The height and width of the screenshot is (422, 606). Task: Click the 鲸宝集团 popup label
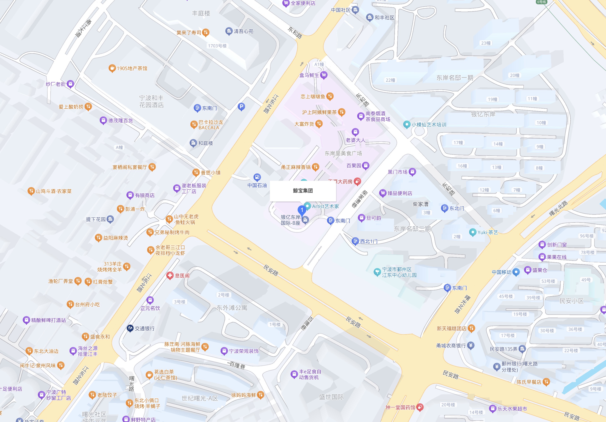[303, 191]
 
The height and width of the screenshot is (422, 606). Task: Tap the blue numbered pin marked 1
[302, 210]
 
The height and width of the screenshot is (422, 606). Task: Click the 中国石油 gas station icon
[257, 177]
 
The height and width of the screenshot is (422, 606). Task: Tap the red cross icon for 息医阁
[170, 276]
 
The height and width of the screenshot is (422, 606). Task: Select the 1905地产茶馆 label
[132, 68]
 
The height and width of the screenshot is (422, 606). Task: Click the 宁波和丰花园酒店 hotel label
[151, 102]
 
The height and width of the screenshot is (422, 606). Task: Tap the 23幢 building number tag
[486, 43]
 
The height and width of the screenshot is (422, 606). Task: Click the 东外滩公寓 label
[232, 308]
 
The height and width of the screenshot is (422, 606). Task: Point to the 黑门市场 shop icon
[412, 172]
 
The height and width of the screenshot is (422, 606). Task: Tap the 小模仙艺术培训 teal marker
[406, 124]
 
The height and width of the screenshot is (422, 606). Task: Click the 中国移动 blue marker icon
[516, 272]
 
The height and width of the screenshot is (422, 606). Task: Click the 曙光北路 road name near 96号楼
[558, 208]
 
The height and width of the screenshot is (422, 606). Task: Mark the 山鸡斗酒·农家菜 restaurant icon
[31, 191]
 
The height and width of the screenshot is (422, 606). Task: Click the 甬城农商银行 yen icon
[471, 345]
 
